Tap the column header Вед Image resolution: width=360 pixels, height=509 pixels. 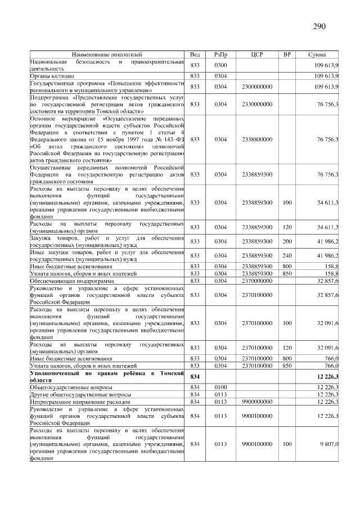pos(195,55)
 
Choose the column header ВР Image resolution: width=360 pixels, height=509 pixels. pos(287,55)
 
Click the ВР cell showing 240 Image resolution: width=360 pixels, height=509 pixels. pos(287,255)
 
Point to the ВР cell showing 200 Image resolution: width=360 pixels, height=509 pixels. pos(287,241)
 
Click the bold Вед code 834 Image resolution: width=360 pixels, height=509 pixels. pos(195,376)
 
